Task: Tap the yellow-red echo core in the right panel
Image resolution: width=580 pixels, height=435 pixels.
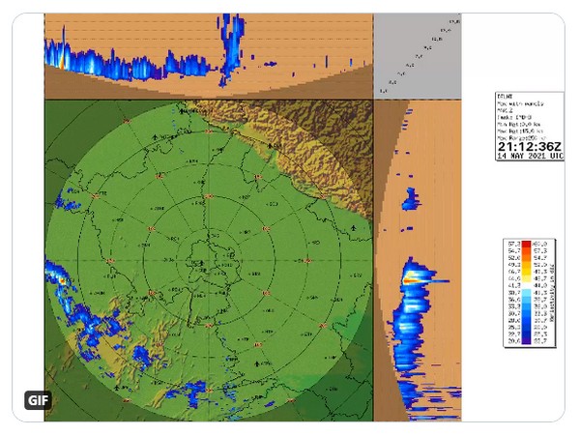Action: [414, 276]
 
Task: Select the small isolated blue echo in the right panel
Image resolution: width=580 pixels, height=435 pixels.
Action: [410, 200]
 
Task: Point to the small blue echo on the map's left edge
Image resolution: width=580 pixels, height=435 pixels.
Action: [68, 202]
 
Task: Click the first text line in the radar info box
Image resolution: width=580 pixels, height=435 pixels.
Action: [512, 96]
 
